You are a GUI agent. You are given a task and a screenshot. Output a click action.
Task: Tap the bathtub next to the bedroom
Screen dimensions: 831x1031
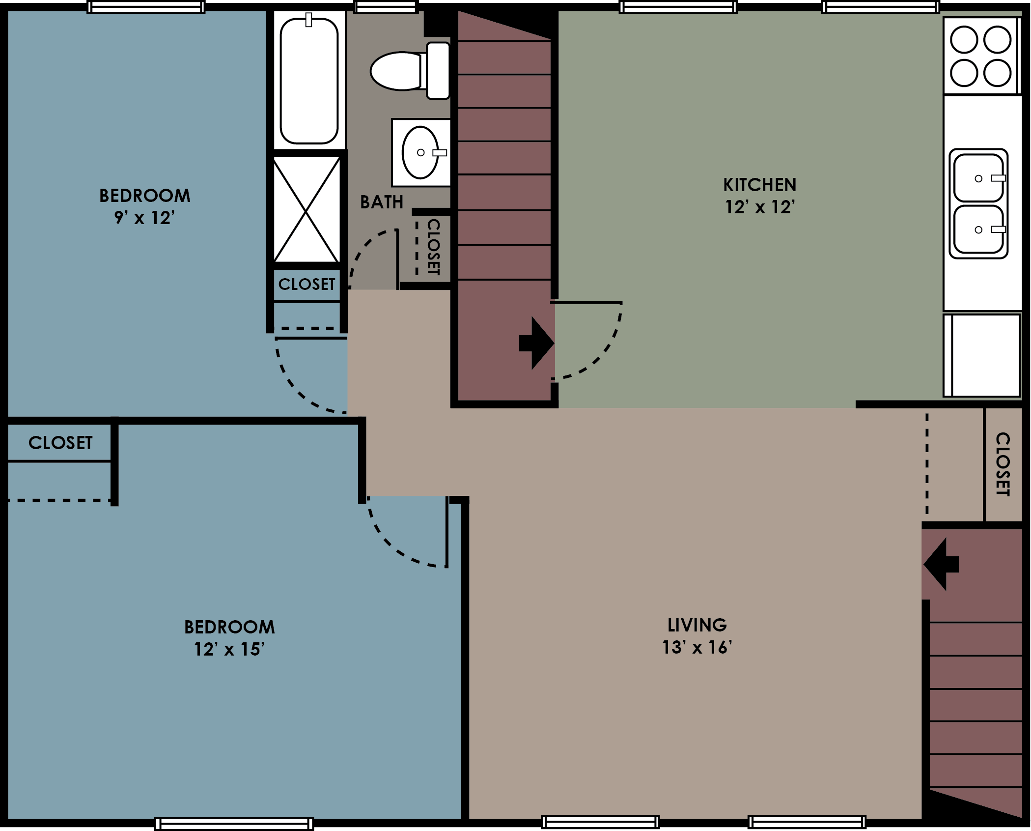[309, 81]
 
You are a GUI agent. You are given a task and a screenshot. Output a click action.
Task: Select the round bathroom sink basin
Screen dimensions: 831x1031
[420, 152]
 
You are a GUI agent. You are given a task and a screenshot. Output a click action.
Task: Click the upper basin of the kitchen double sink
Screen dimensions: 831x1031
[978, 178]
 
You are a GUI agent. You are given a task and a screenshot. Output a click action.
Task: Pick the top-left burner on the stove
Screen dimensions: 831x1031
[964, 39]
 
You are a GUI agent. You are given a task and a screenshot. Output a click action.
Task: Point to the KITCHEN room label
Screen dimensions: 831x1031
[759, 185]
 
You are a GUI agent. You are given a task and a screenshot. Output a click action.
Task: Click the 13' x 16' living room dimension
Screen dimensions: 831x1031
[697, 648]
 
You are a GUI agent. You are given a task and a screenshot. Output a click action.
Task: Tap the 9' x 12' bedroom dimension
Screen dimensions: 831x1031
[144, 217]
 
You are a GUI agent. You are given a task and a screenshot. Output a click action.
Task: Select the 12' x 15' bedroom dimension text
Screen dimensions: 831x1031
[229, 650]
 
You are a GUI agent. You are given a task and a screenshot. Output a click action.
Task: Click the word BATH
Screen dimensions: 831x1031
[382, 202]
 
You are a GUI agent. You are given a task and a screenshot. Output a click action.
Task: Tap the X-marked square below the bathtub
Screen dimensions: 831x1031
[307, 210]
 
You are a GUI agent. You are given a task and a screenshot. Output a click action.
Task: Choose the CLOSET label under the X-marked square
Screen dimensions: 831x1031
[307, 284]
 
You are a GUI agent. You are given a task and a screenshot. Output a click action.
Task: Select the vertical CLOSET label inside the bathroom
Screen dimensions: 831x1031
[433, 247]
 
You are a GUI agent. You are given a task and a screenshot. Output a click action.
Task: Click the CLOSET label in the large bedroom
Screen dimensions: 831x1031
[60, 443]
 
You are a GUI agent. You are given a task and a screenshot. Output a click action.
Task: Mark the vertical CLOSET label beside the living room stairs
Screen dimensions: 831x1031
[1003, 464]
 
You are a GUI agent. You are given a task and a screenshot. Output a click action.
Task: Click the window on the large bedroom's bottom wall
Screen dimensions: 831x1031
[234, 824]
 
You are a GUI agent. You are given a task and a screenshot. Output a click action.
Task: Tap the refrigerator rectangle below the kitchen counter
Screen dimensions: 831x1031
[981, 355]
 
